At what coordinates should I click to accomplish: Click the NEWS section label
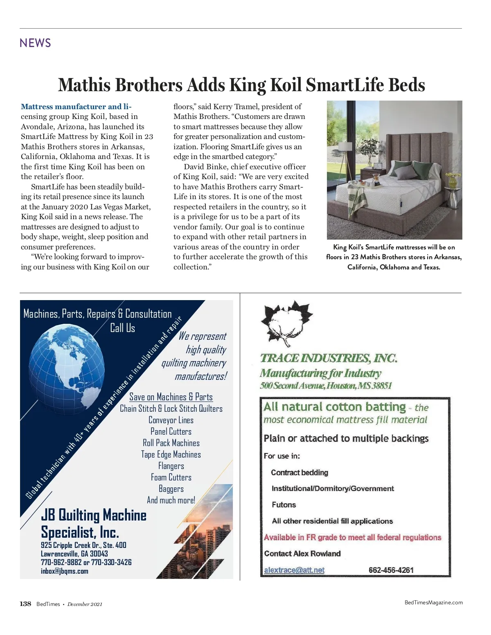pyautogui.click(x=35, y=43)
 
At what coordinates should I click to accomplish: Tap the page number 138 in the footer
pyautogui.click(x=25, y=604)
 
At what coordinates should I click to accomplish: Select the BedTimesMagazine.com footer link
pyautogui.click(x=433, y=602)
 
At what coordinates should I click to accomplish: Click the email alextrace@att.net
pyautogui.click(x=294, y=570)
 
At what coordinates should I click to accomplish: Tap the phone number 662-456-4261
pyautogui.click(x=391, y=570)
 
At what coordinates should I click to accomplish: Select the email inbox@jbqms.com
pyautogui.click(x=64, y=571)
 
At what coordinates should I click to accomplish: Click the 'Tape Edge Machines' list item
pyautogui.click(x=171, y=454)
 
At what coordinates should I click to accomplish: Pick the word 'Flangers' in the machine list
pyautogui.click(x=171, y=466)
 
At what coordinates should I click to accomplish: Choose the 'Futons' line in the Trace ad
pyautogui.click(x=284, y=505)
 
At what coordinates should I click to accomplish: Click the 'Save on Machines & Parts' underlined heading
pyautogui.click(x=171, y=397)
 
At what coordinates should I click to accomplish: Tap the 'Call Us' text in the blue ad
pyautogui.click(x=122, y=328)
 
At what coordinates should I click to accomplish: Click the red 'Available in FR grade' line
pyautogui.click(x=352, y=537)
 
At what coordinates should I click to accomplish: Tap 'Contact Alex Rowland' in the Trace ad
pyautogui.click(x=302, y=554)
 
